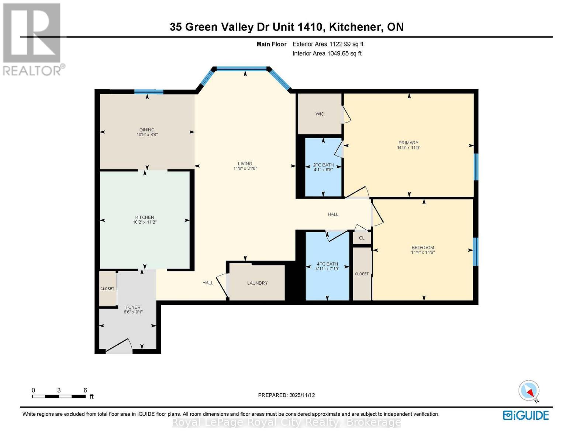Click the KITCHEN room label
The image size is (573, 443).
(x=144, y=217)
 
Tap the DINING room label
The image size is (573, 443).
(x=147, y=130)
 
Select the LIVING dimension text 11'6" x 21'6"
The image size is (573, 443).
(x=245, y=169)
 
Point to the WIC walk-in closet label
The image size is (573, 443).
(x=320, y=114)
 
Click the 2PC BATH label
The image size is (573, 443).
(x=323, y=165)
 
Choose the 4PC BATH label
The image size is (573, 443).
(x=327, y=264)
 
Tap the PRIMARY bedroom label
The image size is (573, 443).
(x=408, y=143)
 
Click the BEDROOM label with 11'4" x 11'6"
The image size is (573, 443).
(x=423, y=248)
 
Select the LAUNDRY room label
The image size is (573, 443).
(x=257, y=283)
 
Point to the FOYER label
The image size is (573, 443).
(x=133, y=307)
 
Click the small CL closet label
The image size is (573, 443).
(x=362, y=238)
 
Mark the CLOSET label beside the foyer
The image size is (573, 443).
(x=107, y=289)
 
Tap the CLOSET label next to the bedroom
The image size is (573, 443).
(x=362, y=274)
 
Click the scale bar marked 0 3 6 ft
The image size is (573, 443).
(x=59, y=396)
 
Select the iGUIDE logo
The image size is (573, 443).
(x=526, y=415)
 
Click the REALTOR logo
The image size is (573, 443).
(x=32, y=39)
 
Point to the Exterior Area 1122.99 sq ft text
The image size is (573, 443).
(x=328, y=44)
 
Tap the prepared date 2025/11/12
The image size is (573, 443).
(x=286, y=395)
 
